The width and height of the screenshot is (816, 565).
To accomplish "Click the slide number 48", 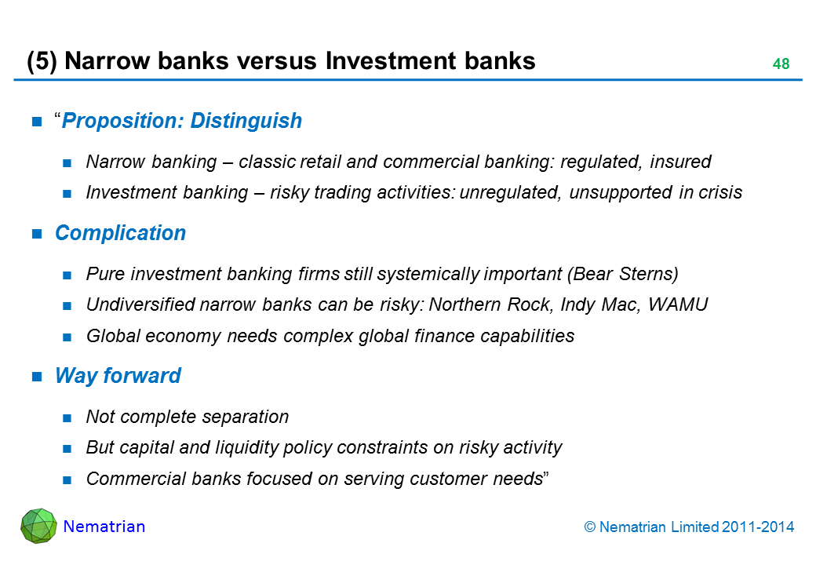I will coord(780,64).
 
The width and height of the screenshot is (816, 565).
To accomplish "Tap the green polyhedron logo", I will coord(38,526).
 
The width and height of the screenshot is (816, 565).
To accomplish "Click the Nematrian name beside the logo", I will coord(104,527).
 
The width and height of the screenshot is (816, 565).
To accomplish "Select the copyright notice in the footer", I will coord(690,527).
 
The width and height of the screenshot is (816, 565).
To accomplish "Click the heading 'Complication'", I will coord(120,233).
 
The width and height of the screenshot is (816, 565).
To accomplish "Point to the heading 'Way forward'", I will coord(118,376).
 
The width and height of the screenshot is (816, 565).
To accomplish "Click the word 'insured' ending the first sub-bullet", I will coord(681,162).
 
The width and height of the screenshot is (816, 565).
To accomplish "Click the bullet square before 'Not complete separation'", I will coord(67,417).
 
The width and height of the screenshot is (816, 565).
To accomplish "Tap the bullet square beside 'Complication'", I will coord(37,234).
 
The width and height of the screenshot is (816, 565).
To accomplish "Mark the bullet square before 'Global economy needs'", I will coord(67,337).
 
